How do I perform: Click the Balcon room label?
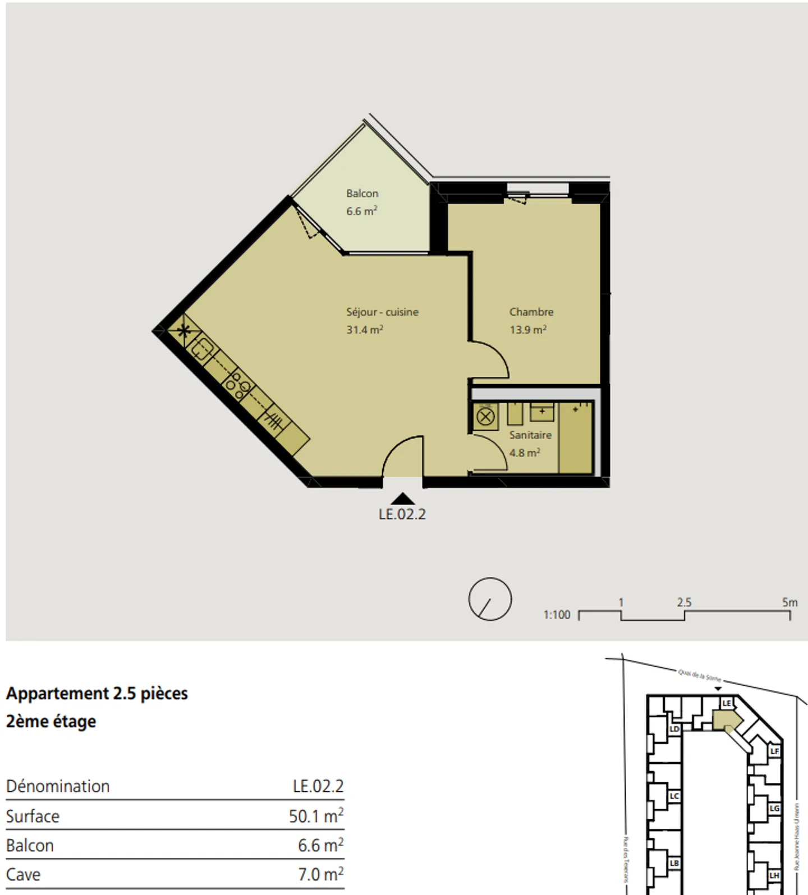tap(362, 193)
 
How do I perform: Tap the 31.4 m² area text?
tap(364, 330)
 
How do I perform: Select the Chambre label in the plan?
tap(531, 312)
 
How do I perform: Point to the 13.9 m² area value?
tap(527, 330)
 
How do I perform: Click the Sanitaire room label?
tap(530, 435)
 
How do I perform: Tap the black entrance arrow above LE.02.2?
tap(402, 499)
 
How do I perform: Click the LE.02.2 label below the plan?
tap(402, 514)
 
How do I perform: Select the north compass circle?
tap(490, 599)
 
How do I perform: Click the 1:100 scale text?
tap(557, 615)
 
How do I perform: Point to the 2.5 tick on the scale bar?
tap(684, 603)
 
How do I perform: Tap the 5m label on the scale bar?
tap(789, 603)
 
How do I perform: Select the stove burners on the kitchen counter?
tap(238, 385)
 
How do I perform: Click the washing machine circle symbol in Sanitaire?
tap(485, 417)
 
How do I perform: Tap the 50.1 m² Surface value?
tap(316, 815)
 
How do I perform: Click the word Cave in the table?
tap(23, 874)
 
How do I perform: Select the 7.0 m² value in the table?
tap(320, 874)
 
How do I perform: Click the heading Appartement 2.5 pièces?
tap(97, 694)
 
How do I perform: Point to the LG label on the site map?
tap(774, 808)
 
